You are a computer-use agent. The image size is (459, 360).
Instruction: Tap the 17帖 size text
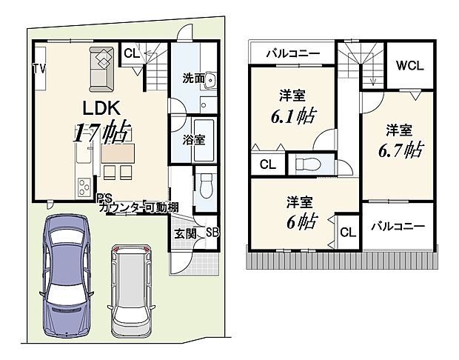click(101, 133)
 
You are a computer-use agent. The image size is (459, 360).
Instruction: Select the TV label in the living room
click(38, 69)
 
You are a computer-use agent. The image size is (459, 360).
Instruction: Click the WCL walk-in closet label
click(409, 65)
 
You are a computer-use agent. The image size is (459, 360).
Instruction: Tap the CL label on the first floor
click(131, 53)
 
